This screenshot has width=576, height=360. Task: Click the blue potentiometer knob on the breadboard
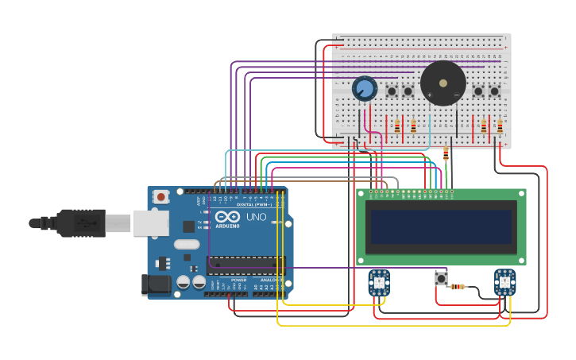pyautogui.click(x=365, y=88)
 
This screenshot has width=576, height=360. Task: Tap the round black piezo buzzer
pyautogui.click(x=443, y=83)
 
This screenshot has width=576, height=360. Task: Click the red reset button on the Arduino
pyautogui.click(x=161, y=196)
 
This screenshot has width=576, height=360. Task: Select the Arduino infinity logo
pyautogui.click(x=226, y=217)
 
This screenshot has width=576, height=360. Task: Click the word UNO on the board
pyautogui.click(x=256, y=217)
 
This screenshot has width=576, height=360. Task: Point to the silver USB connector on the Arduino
pyautogui.click(x=150, y=223)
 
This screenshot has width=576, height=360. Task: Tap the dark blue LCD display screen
pyautogui.click(x=441, y=226)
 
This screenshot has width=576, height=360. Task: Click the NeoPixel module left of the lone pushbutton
pyautogui.click(x=379, y=282)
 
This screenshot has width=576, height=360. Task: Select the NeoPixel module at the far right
pyautogui.click(x=504, y=281)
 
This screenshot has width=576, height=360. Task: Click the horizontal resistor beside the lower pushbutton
pyautogui.click(x=458, y=287)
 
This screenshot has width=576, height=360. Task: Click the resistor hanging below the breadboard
pyautogui.click(x=446, y=154)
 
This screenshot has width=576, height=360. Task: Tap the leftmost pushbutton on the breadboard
pyautogui.click(x=392, y=91)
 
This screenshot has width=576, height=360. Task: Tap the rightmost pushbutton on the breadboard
pyautogui.click(x=494, y=91)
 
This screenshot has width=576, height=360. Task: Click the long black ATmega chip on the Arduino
pyautogui.click(x=245, y=265)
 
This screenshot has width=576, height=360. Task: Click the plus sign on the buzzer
pyautogui.click(x=430, y=95)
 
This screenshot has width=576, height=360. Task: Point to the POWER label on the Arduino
pyautogui.click(x=238, y=280)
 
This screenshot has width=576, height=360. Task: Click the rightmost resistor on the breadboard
pyautogui.click(x=500, y=126)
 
